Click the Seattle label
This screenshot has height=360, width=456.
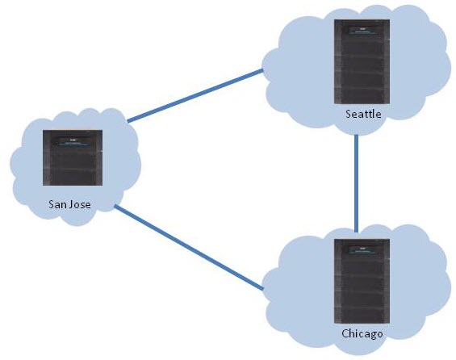point(363,114)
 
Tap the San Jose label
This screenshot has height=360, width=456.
point(69,204)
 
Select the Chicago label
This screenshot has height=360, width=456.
point(362,333)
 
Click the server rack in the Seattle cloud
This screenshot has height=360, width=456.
point(362,61)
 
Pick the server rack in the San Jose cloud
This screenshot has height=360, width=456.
point(73,157)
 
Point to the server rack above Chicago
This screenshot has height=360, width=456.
point(362,281)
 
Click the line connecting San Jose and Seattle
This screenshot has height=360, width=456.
point(195,96)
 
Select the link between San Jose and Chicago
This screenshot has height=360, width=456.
point(189,248)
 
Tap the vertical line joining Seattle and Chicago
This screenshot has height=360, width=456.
point(357,183)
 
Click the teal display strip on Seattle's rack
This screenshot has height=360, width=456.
point(362,33)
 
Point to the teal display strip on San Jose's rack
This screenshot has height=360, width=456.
point(74,144)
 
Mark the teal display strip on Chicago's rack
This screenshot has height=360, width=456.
point(362,253)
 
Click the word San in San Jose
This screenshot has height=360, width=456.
point(57,204)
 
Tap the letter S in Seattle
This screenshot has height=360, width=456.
point(348,114)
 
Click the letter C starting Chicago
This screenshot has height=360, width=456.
point(345,333)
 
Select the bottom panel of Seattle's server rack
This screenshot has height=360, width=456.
point(362,96)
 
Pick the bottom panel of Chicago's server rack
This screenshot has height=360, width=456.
point(362,316)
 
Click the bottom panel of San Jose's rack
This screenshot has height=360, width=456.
point(73,178)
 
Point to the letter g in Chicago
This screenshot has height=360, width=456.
point(371,335)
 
